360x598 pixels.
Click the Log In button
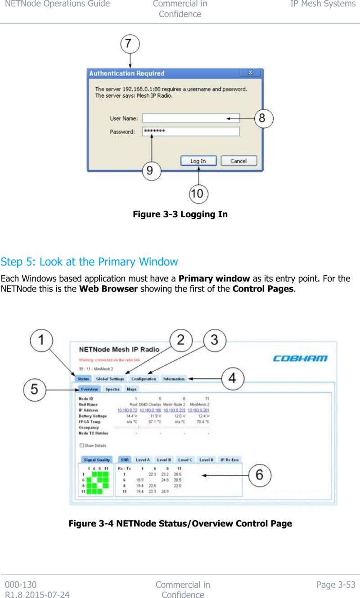tap(198, 161)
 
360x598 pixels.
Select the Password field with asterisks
tap(191, 131)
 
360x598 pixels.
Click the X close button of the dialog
tap(251, 72)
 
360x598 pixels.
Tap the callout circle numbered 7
tap(129, 45)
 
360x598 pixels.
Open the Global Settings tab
tap(110, 379)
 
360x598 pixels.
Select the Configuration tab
tap(144, 379)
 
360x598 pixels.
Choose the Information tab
tap(174, 379)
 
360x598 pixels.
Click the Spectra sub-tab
tap(112, 389)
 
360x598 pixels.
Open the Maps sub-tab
tap(131, 389)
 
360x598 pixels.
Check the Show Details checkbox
tap(81, 445)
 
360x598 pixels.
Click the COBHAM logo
tap(300, 359)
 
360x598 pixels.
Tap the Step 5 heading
tap(89, 261)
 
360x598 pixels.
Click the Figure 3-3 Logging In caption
tap(180, 214)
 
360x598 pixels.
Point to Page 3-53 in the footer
tap(336, 585)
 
